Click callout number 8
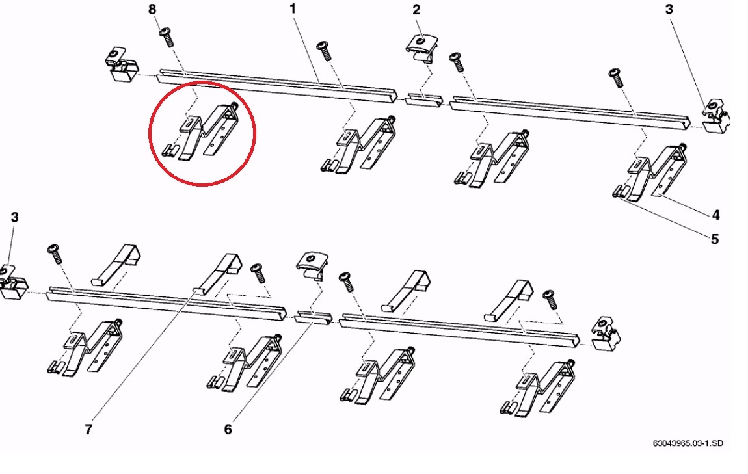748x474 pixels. tap(152, 9)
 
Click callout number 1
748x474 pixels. tap(293, 8)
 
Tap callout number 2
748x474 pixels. tap(416, 10)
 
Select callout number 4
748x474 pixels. tap(715, 215)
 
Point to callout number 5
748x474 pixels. tap(715, 239)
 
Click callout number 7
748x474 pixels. tap(88, 429)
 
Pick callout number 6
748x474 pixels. tap(228, 429)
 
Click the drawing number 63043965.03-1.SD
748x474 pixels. tap(688, 443)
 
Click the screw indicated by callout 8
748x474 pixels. tap(167, 37)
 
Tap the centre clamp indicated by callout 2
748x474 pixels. tap(421, 48)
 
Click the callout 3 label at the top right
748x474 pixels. tap(669, 9)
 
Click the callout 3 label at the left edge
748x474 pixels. tap(14, 217)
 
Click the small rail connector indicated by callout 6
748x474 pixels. tap(313, 317)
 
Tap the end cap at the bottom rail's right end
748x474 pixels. tap(606, 333)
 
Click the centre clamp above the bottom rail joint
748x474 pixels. tap(312, 265)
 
